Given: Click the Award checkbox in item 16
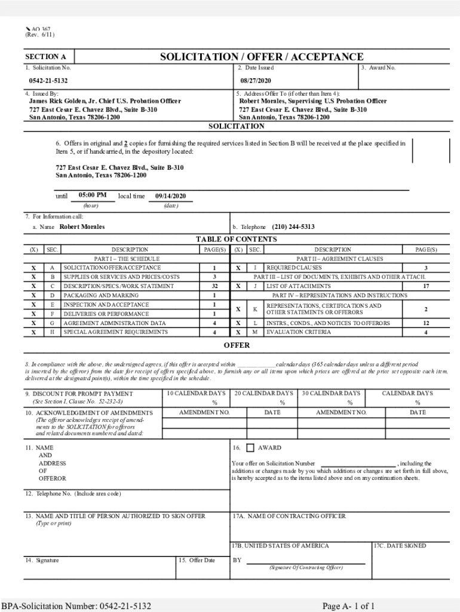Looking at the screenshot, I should click(x=250, y=448).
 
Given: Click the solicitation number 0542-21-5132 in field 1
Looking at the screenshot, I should click(x=48, y=80).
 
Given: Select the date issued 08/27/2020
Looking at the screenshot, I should click(x=256, y=80).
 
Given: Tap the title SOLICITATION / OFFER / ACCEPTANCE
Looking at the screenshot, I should click(x=261, y=57).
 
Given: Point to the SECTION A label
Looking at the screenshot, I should click(x=45, y=57).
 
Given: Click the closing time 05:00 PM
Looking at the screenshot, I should click(x=93, y=195).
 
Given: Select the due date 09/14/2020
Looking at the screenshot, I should click(x=170, y=196).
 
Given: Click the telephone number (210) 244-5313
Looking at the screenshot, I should click(x=293, y=227).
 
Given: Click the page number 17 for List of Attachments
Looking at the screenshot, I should click(x=425, y=286).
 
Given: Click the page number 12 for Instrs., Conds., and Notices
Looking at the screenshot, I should click(x=425, y=323).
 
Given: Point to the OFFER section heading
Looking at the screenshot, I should click(x=237, y=345).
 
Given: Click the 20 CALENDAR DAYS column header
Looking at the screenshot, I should click(x=263, y=393).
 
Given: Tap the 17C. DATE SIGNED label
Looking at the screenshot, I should click(x=400, y=546).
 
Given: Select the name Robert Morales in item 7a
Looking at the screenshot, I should click(x=82, y=227).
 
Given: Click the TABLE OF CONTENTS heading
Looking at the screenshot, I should click(x=236, y=240).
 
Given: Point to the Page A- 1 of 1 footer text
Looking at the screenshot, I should click(x=348, y=606).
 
